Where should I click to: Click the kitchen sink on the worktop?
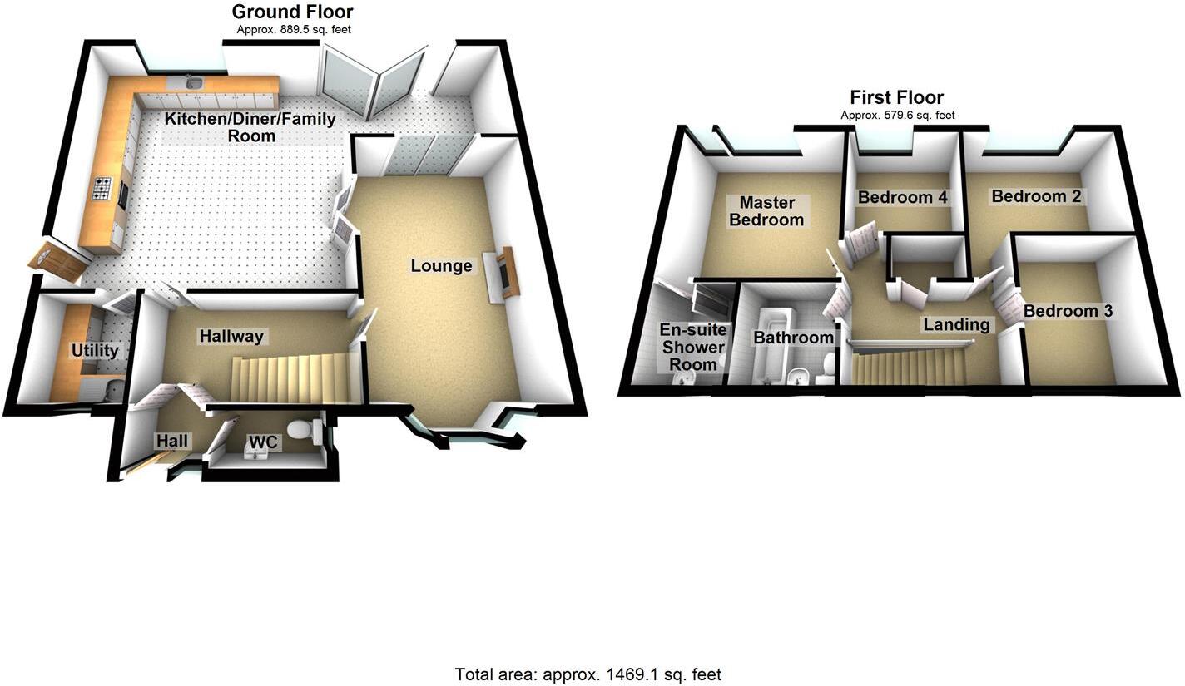click(x=194, y=81)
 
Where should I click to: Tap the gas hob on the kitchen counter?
click(x=103, y=190)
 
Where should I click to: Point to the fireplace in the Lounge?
click(x=505, y=272)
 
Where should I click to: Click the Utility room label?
click(x=95, y=350)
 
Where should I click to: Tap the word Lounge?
click(x=441, y=266)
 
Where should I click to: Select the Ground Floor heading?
click(x=292, y=12)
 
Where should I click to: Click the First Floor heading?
click(x=896, y=97)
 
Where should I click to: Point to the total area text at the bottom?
click(x=588, y=674)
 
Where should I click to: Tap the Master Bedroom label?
click(x=766, y=211)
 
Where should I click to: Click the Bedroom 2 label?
click(x=1035, y=196)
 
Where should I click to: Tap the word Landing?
click(x=956, y=324)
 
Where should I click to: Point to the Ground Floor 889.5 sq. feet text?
click(x=293, y=29)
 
